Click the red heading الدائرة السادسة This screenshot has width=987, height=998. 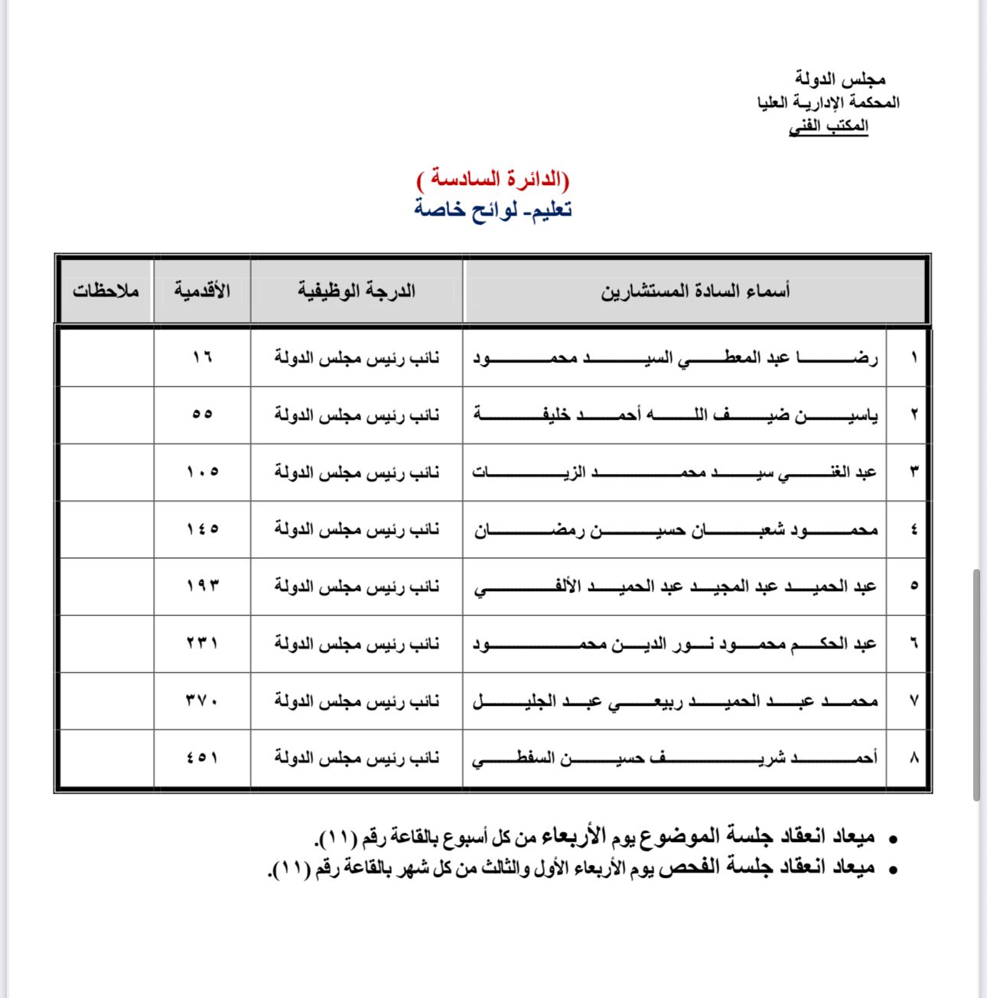493,180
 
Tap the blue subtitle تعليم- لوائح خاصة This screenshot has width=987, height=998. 493,209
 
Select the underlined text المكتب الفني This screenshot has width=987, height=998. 829,126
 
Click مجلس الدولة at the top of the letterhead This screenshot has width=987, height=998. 839,78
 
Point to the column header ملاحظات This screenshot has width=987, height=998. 106,291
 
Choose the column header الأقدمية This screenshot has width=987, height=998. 202,291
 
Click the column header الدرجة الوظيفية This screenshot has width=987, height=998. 357,291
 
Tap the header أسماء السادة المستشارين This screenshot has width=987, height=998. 695,291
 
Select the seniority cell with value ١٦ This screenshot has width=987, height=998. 202,357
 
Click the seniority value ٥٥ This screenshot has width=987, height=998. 202,414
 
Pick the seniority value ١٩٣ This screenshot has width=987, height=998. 202,587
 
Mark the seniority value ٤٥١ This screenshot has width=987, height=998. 202,758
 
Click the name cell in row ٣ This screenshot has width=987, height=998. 674,472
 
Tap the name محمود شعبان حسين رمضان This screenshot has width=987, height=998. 674,529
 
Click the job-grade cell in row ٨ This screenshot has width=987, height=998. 357,758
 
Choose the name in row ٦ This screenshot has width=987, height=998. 674,644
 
